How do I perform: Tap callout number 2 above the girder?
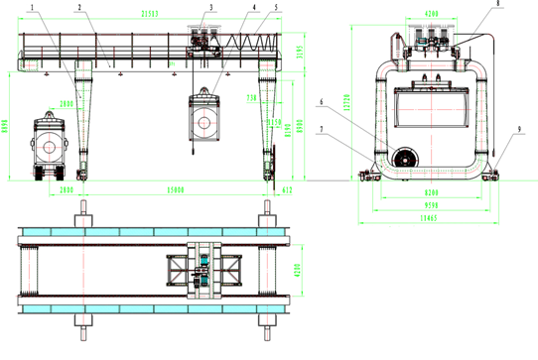coord(78,7)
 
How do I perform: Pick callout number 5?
coord(275,7)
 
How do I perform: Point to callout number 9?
coord(513,127)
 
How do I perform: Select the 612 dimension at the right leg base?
coord(287,188)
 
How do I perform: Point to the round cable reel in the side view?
coord(405,159)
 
